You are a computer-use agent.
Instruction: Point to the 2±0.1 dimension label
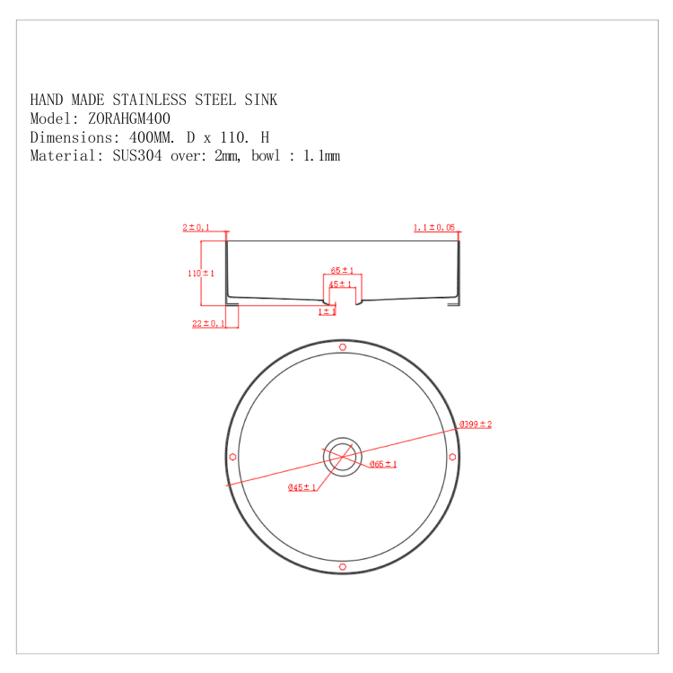[196, 228]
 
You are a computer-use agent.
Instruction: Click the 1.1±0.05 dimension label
[434, 228]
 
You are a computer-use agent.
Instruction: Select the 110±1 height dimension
[201, 273]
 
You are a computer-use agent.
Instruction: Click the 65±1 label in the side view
[342, 270]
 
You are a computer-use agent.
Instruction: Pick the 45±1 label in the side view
[340, 284]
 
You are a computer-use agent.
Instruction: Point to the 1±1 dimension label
[327, 311]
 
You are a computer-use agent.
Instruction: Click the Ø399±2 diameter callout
[476, 424]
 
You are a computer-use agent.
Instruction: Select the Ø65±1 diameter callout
[383, 464]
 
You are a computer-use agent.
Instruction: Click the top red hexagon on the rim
[342, 347]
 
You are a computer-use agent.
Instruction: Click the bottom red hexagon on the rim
[342, 566]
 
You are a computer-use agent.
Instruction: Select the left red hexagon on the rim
[232, 457]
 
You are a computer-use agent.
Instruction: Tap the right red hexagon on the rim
[452, 457]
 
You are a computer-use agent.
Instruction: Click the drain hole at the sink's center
[342, 456]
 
